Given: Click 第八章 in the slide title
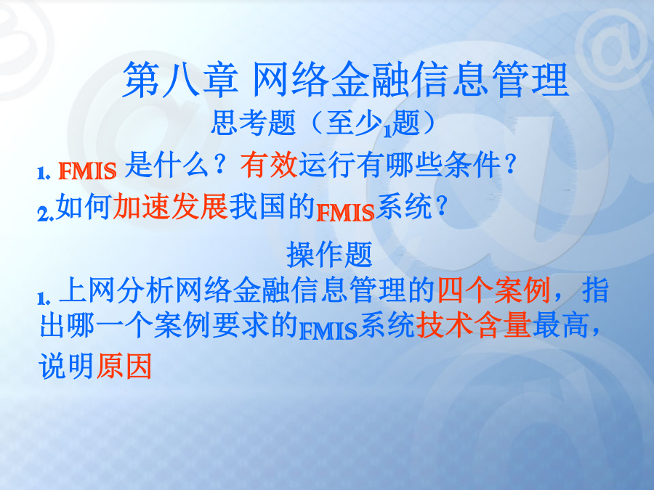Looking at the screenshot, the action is click(180, 79).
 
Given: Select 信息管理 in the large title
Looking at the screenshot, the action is click(491, 79).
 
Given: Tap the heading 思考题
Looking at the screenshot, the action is click(253, 123).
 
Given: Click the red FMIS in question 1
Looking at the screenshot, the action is click(87, 171).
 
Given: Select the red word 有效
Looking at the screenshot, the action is click(269, 165).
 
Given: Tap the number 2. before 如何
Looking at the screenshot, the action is click(46, 213).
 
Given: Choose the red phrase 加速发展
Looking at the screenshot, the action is click(171, 206).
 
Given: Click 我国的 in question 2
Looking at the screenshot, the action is click(272, 206).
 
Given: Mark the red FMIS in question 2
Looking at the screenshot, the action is click(345, 213).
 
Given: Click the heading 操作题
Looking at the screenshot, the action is click(329, 255).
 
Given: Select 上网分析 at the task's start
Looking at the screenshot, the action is click(116, 290).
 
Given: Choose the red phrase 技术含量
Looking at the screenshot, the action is click(473, 325).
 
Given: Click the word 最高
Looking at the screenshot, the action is click(560, 325).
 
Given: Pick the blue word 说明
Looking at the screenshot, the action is click(66, 367).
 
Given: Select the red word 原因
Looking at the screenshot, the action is click(124, 367).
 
